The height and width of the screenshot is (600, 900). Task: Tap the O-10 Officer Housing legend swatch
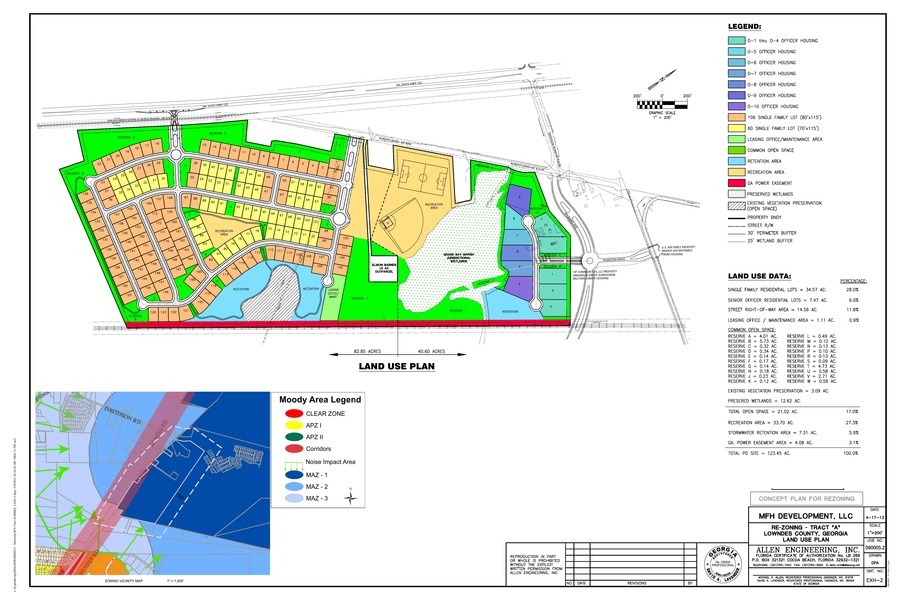736,105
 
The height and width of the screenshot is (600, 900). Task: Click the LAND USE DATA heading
760,274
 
